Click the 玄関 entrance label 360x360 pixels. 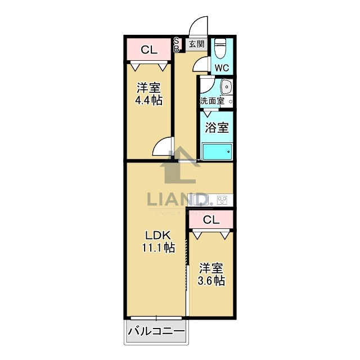pyautogui.click(x=196, y=44)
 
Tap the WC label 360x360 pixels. pyautogui.click(x=222, y=68)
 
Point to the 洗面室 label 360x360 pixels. pyautogui.click(x=212, y=101)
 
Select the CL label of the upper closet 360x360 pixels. pyautogui.click(x=148, y=50)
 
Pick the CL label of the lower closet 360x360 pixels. pyautogui.click(x=211, y=220)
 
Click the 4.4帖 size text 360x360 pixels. pyautogui.click(x=148, y=101)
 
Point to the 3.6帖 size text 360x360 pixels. pyautogui.click(x=211, y=280)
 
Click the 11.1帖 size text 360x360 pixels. pyautogui.click(x=157, y=248)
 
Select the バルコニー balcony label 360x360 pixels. pyautogui.click(x=156, y=332)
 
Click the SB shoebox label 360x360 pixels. pyautogui.click(x=176, y=44)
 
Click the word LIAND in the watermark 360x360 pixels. pyautogui.click(x=178, y=199)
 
